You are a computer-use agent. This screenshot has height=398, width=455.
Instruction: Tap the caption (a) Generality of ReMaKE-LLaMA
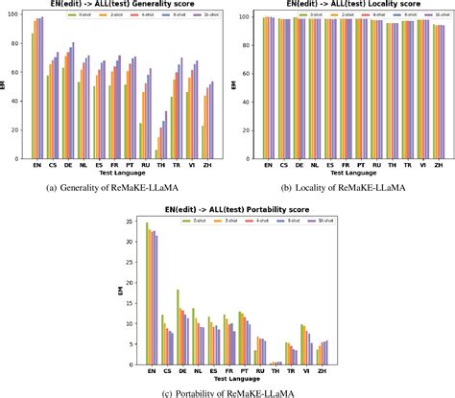click(113, 186)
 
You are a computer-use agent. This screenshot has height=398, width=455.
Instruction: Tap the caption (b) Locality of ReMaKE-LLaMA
click(340, 186)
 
